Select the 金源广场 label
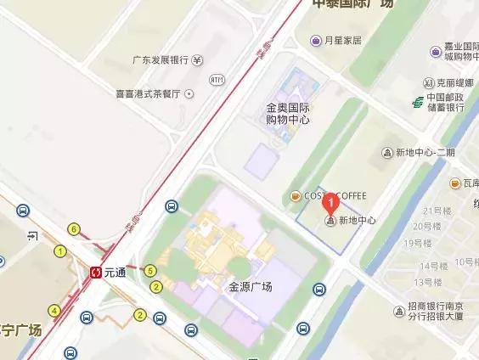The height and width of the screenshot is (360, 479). (x=250, y=287)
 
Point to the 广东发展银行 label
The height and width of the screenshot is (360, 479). (x=160, y=60)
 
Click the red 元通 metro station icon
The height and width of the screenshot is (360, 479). (x=97, y=273)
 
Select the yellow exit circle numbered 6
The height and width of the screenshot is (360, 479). (x=75, y=229)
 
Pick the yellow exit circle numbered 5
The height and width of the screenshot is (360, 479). (x=150, y=271)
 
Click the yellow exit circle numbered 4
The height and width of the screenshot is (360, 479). (x=54, y=311)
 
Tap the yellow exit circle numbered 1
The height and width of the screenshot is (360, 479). (x=60, y=250)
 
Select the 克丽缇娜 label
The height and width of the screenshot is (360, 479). (x=449, y=83)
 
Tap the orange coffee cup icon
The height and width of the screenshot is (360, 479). (x=296, y=196)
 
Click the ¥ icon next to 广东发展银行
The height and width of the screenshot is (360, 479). (x=197, y=60)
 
